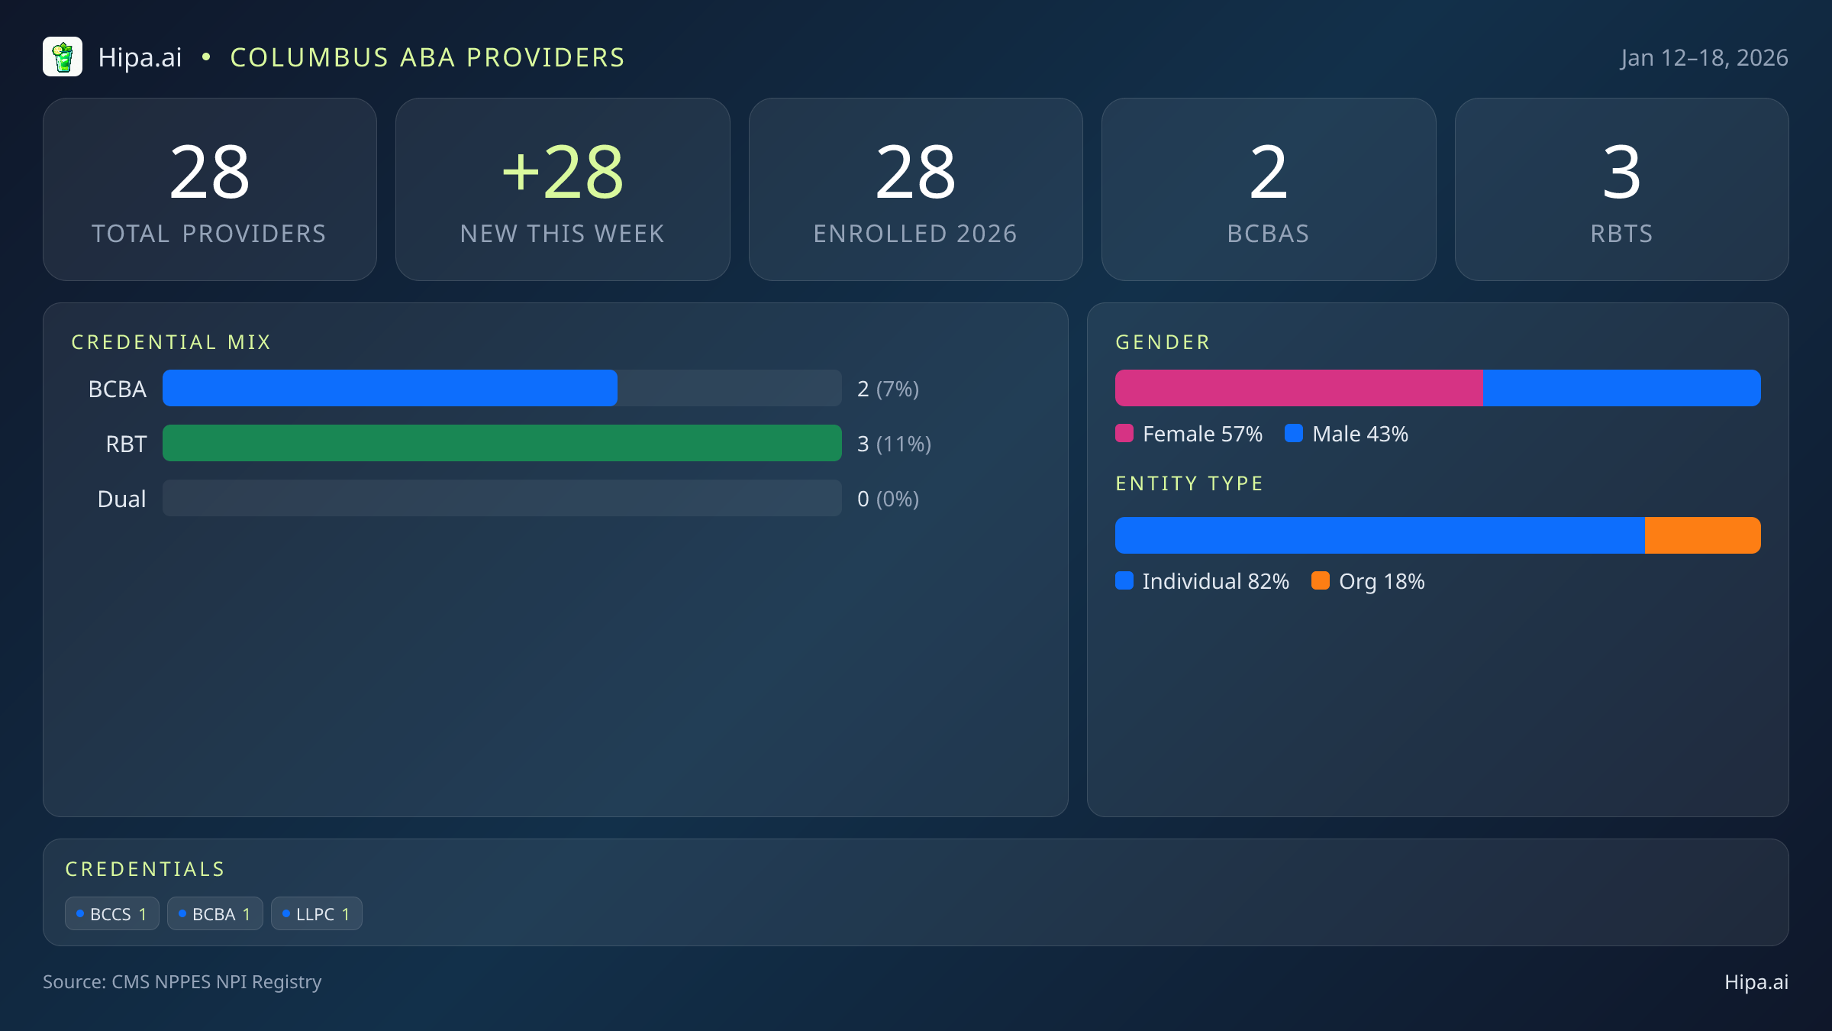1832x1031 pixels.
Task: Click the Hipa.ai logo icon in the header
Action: [x=63, y=57]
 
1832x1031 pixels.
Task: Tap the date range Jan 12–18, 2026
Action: [x=1704, y=58]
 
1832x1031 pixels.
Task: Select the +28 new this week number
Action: [x=563, y=173]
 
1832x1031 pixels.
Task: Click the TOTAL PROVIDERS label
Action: [x=209, y=234]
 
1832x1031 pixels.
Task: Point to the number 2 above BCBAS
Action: [x=1268, y=173]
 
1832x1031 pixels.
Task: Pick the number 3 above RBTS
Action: [x=1621, y=173]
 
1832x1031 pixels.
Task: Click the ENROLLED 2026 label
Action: [x=915, y=234]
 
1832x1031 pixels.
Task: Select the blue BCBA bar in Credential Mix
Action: [x=389, y=388]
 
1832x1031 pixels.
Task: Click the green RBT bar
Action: [x=502, y=443]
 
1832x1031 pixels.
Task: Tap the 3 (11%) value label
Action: [x=894, y=444]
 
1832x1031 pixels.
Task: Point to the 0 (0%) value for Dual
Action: [x=888, y=499]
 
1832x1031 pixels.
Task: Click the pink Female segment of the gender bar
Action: [x=1298, y=388]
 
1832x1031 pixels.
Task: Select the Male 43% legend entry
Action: [x=1347, y=434]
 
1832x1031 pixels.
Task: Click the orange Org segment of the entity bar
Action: [x=1702, y=535]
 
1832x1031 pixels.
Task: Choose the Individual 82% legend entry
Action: [x=1202, y=581]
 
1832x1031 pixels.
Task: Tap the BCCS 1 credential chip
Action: [x=112, y=914]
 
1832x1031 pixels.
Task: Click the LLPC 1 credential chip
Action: [x=316, y=914]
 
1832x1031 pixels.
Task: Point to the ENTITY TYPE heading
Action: [x=1189, y=483]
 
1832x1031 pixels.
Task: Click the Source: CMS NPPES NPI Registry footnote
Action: [x=182, y=982]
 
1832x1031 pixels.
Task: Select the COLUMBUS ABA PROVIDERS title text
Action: [x=427, y=58]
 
